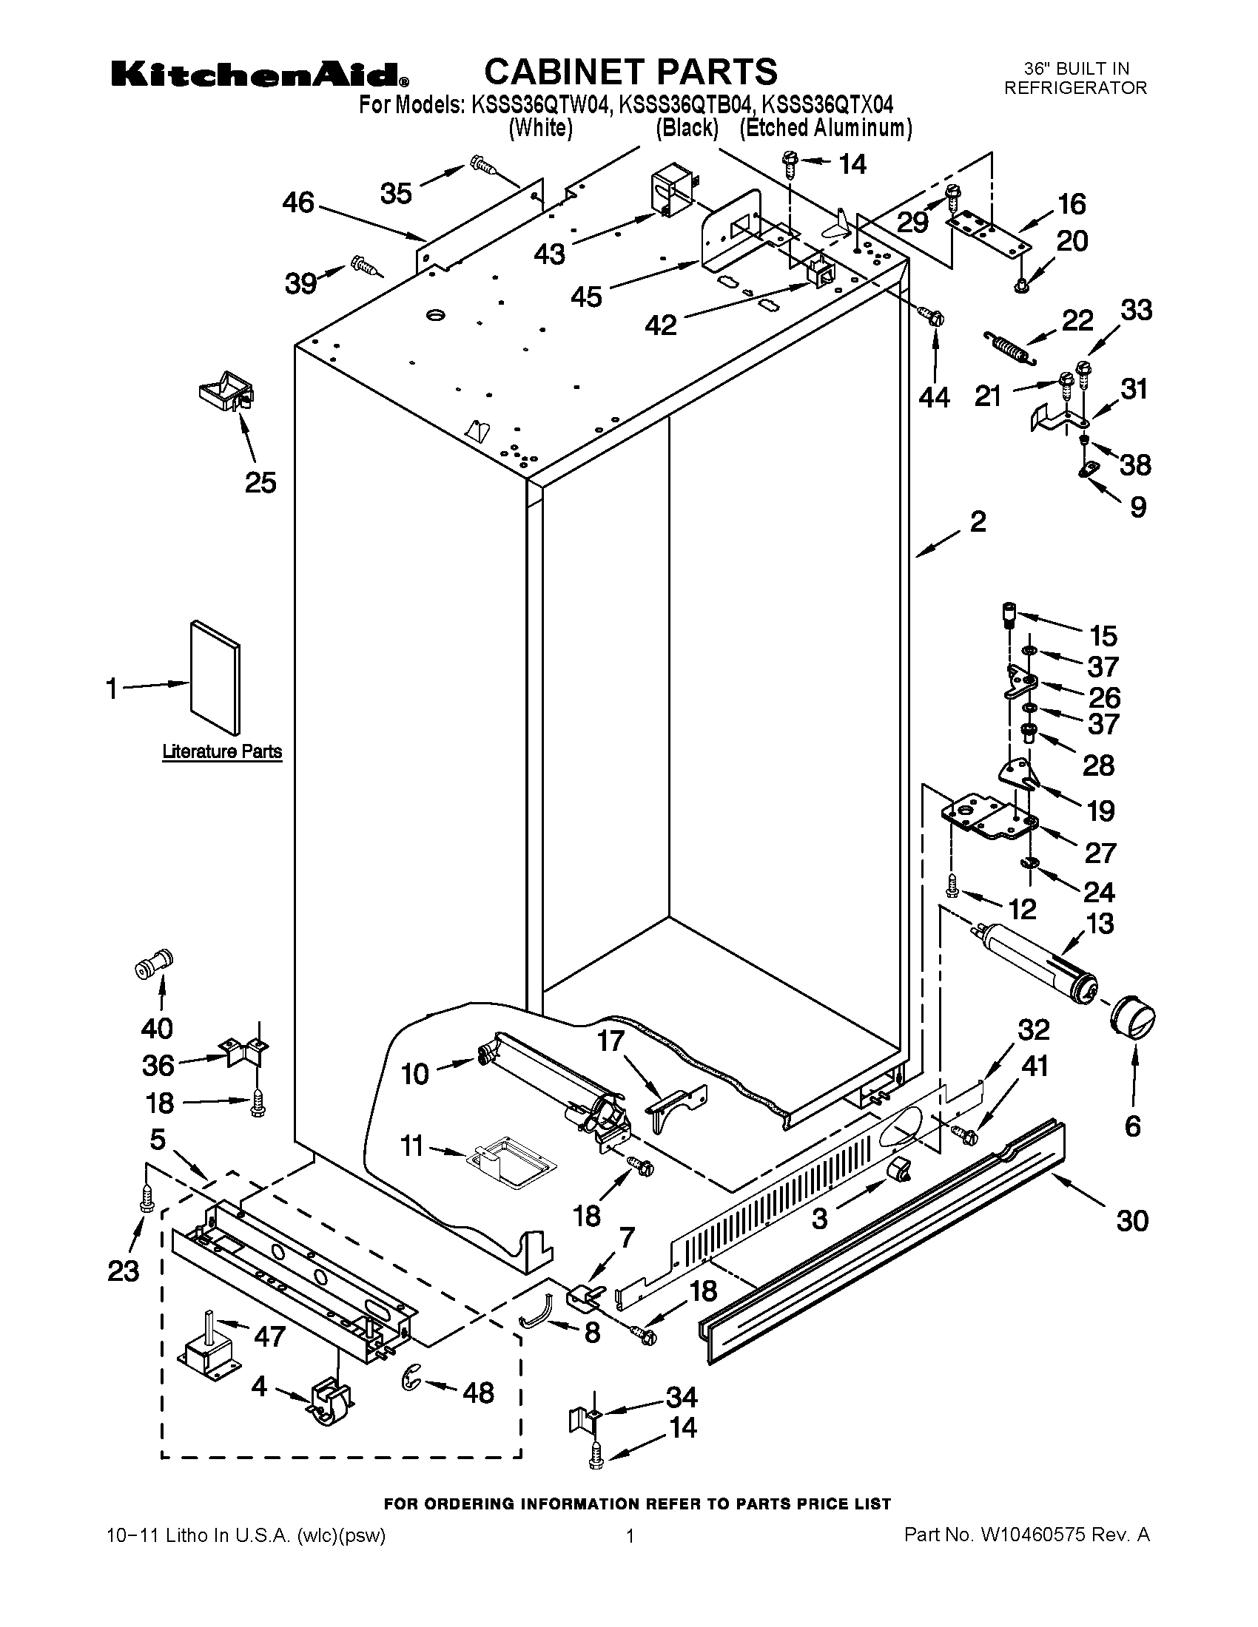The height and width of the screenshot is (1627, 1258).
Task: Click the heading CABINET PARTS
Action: point(630,72)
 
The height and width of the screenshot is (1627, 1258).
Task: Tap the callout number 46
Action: point(298,203)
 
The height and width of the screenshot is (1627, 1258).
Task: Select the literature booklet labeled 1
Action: point(215,677)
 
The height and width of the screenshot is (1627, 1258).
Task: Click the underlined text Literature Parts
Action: point(222,751)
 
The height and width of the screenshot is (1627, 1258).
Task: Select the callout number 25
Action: point(260,483)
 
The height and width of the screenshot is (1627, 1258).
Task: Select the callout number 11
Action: point(412,1146)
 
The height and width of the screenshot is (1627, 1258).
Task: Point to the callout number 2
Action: point(978,521)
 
